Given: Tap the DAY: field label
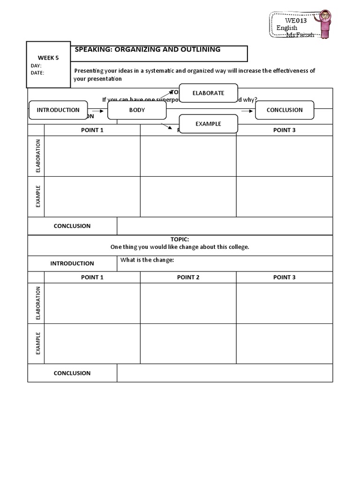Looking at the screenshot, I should (x=36, y=66).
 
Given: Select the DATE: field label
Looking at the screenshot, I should (x=37, y=73).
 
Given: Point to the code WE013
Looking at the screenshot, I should (x=296, y=20).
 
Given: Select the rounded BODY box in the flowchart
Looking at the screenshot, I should (x=137, y=110).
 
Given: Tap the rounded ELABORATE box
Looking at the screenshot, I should (x=209, y=93).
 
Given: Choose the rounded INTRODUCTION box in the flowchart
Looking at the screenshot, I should (x=58, y=110).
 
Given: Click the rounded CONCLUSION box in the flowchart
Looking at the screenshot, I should (x=285, y=110).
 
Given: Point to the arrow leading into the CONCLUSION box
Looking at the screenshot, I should (x=247, y=111).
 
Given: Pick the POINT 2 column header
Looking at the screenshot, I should (x=188, y=277).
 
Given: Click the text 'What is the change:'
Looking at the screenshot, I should (x=147, y=261).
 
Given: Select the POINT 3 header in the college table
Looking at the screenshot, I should (x=284, y=277).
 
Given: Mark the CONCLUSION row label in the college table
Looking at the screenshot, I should (x=72, y=373).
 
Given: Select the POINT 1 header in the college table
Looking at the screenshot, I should (x=92, y=277).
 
